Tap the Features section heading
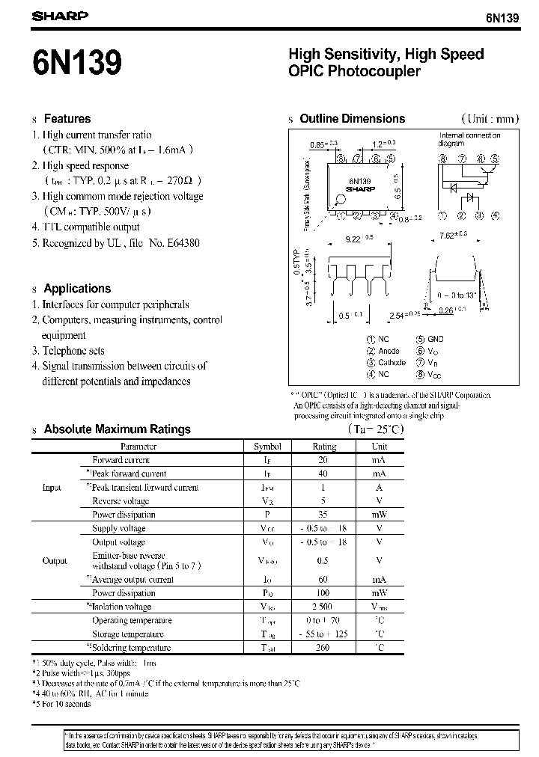[x=67, y=118]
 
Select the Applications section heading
[x=77, y=288]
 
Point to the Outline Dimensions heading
[x=352, y=118]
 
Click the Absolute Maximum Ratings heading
[x=117, y=429]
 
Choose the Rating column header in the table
[x=324, y=446]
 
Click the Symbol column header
[x=267, y=446]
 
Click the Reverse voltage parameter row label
[x=121, y=501]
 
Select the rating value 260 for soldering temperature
[x=323, y=648]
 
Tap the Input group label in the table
[x=52, y=488]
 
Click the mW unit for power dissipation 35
[x=378, y=515]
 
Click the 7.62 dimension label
[x=455, y=236]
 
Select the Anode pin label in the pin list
[x=389, y=351]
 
